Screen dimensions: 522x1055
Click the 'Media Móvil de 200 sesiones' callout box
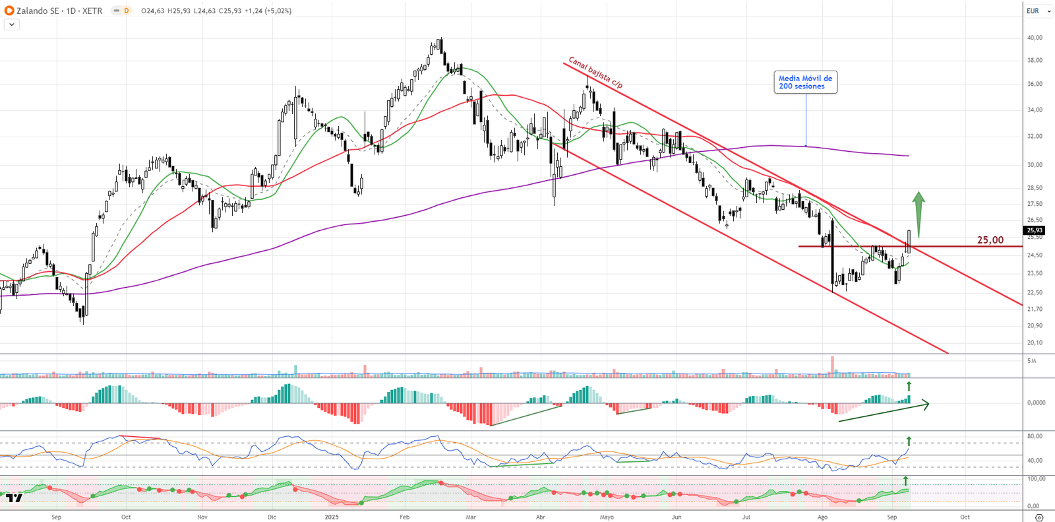pyautogui.click(x=805, y=82)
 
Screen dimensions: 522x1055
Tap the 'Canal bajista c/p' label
pyautogui.click(x=595, y=73)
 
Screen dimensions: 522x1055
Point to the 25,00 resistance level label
pyautogui.click(x=990, y=240)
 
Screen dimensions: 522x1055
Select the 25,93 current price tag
pyautogui.click(x=1035, y=230)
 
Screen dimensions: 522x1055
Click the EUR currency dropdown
pyautogui.click(x=1038, y=11)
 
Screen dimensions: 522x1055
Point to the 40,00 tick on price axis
pyautogui.click(x=1035, y=38)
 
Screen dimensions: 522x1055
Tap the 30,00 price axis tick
pyautogui.click(x=1035, y=165)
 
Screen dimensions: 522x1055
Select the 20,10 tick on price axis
pyautogui.click(x=1035, y=343)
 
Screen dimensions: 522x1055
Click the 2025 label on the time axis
pyautogui.click(x=332, y=517)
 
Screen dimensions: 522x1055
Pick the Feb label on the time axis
pyautogui.click(x=404, y=517)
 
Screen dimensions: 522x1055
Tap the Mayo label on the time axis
pyautogui.click(x=607, y=517)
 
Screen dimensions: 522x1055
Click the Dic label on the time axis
pyautogui.click(x=272, y=517)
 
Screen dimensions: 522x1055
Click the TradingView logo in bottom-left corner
pyautogui.click(x=14, y=498)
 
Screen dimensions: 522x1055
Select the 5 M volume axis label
pyautogui.click(x=1032, y=361)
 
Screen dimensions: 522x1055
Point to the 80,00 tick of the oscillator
pyautogui.click(x=1035, y=436)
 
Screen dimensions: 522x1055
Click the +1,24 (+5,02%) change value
pyautogui.click(x=268, y=11)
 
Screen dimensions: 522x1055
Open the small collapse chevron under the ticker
pyautogui.click(x=12, y=24)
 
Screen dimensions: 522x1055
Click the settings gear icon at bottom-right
pyautogui.click(x=1039, y=517)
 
